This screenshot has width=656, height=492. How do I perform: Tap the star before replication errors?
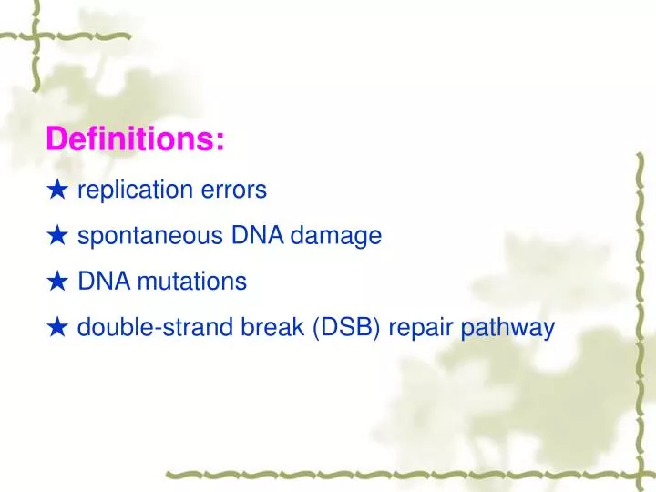point(57,190)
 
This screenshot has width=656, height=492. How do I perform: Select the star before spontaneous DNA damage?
point(57,236)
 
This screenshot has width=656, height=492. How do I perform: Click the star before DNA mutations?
point(57,282)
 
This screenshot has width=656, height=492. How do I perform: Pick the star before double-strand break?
point(57,327)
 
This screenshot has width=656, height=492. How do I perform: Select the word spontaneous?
point(149,237)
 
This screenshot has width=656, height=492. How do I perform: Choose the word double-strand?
point(142,327)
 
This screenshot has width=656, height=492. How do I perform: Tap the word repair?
point(421,328)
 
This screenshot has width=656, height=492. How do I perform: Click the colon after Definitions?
point(220,142)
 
